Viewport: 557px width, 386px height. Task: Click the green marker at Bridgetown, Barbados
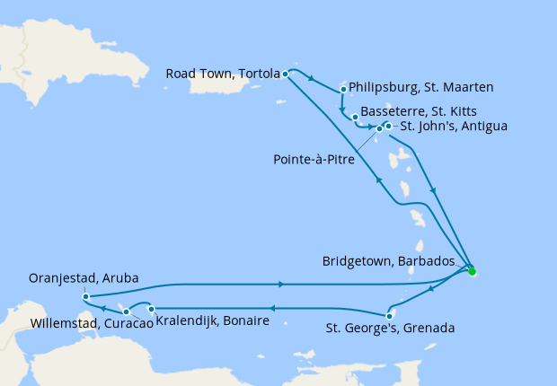(472, 271)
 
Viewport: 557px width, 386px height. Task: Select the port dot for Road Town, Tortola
(285, 74)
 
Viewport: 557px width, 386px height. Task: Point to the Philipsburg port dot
(344, 89)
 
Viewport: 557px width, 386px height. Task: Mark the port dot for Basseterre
(356, 118)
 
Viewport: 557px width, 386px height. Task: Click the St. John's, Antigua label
(454, 127)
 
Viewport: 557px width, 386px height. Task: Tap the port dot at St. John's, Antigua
(388, 126)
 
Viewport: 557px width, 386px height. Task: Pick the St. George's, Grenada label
(389, 329)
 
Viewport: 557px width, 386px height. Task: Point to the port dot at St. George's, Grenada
(389, 315)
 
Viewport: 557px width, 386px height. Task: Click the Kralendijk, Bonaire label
(213, 320)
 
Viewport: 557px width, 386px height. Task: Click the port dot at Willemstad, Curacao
(127, 311)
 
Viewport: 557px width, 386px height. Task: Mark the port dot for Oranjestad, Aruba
(84, 296)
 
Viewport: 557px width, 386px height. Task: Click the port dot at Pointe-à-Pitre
(379, 129)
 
